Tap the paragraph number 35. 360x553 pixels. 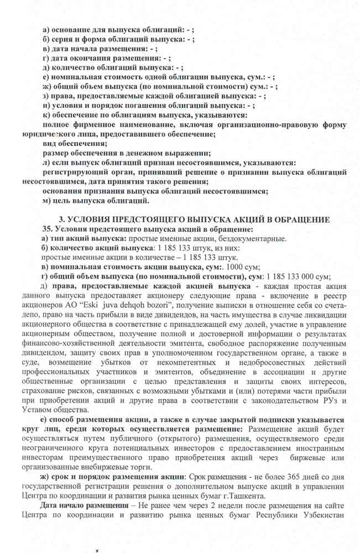(x=48, y=229)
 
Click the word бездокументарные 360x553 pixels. (x=253, y=238)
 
